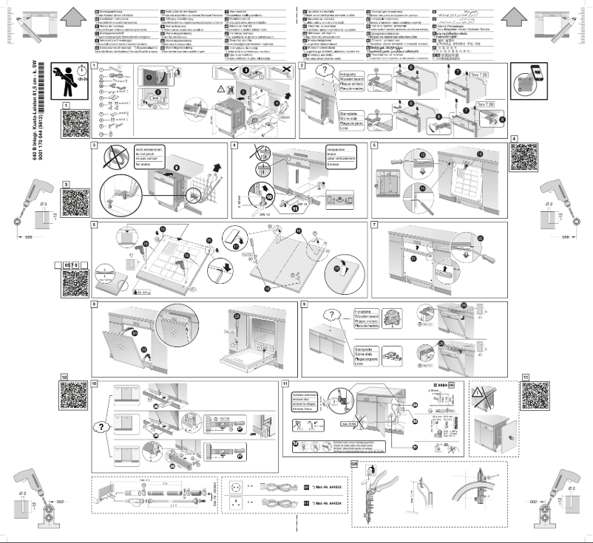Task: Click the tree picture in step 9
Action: coord(390,318)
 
